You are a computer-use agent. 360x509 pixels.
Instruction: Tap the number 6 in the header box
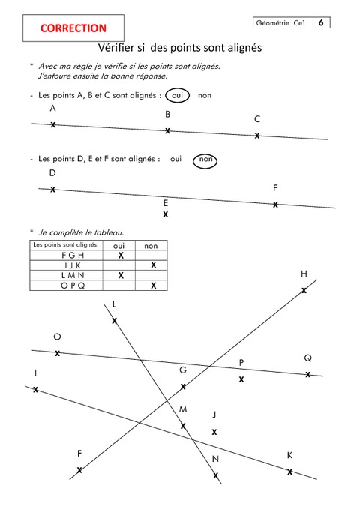tap(321, 23)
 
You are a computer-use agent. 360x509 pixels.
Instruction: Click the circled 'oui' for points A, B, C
tap(178, 96)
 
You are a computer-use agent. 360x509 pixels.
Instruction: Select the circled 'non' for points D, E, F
tap(207, 160)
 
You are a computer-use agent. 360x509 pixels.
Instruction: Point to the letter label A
tap(52, 109)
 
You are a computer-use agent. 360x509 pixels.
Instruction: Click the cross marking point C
tap(257, 136)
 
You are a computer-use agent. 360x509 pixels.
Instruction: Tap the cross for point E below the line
tap(166, 214)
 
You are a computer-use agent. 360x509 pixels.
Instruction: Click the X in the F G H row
tap(120, 255)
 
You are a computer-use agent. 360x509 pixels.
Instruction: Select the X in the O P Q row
tap(153, 285)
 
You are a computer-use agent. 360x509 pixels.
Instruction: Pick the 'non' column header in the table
tap(151, 245)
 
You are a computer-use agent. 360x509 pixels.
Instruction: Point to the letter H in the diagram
tap(304, 274)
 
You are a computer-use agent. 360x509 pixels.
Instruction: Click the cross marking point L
tap(115, 321)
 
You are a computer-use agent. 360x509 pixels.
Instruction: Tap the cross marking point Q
tap(308, 373)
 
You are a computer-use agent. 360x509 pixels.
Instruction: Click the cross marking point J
tap(214, 432)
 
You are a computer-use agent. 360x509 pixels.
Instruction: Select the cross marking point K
tap(289, 472)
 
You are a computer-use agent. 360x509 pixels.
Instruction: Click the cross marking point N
tap(216, 475)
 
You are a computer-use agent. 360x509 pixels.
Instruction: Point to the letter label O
tap(57, 337)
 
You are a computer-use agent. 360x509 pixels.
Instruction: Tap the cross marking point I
tap(35, 390)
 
